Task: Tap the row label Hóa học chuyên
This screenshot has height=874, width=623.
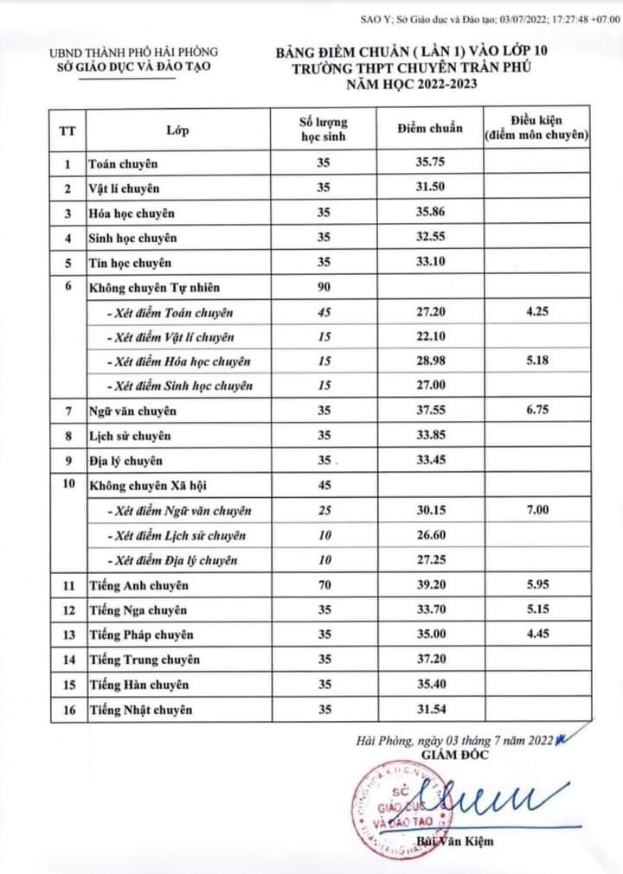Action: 132,213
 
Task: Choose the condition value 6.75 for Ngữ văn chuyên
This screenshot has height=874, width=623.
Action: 536,411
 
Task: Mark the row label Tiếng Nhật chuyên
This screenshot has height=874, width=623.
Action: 140,710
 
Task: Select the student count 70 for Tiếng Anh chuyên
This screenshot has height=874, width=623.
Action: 324,585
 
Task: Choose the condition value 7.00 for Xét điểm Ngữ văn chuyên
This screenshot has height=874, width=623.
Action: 536,511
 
